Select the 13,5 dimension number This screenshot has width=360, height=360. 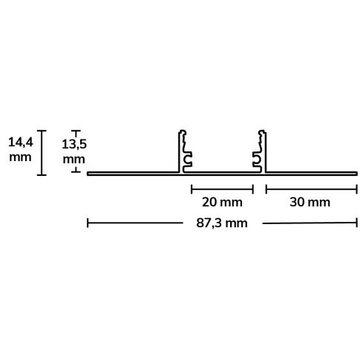coord(73,144)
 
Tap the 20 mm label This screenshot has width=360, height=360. coord(222,201)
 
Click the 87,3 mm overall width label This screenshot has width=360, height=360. coord(222,222)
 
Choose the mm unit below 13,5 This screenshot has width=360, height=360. coord(73,159)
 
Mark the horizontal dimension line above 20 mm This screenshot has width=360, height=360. coord(222,187)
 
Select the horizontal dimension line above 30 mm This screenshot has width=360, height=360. coord(311,187)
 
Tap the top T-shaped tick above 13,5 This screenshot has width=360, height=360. coord(74,132)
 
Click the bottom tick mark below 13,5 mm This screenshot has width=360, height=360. coord(74,171)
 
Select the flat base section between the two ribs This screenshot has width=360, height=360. coord(222,174)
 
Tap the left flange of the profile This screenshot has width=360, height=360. coord(134,174)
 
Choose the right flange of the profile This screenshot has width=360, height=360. coord(311,174)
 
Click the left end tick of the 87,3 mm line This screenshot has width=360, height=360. coord(88,222)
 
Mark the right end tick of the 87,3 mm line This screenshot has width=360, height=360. coord(356,222)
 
